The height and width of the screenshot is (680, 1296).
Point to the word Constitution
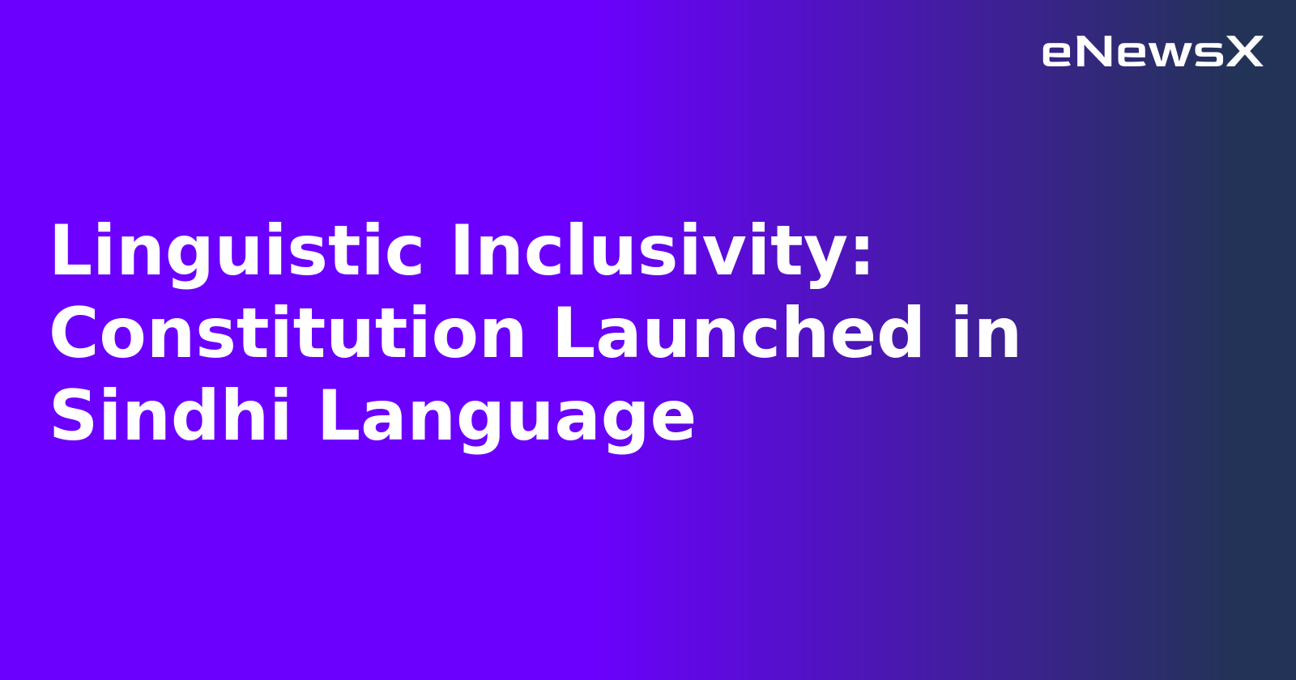tap(288, 335)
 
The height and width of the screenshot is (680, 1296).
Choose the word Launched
tap(738, 335)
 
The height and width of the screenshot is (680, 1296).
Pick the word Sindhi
tap(170, 418)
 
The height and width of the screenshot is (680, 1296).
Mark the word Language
tap(507, 418)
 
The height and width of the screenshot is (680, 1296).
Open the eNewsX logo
tap(1152, 53)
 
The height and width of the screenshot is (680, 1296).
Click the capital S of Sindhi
tap(71, 418)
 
